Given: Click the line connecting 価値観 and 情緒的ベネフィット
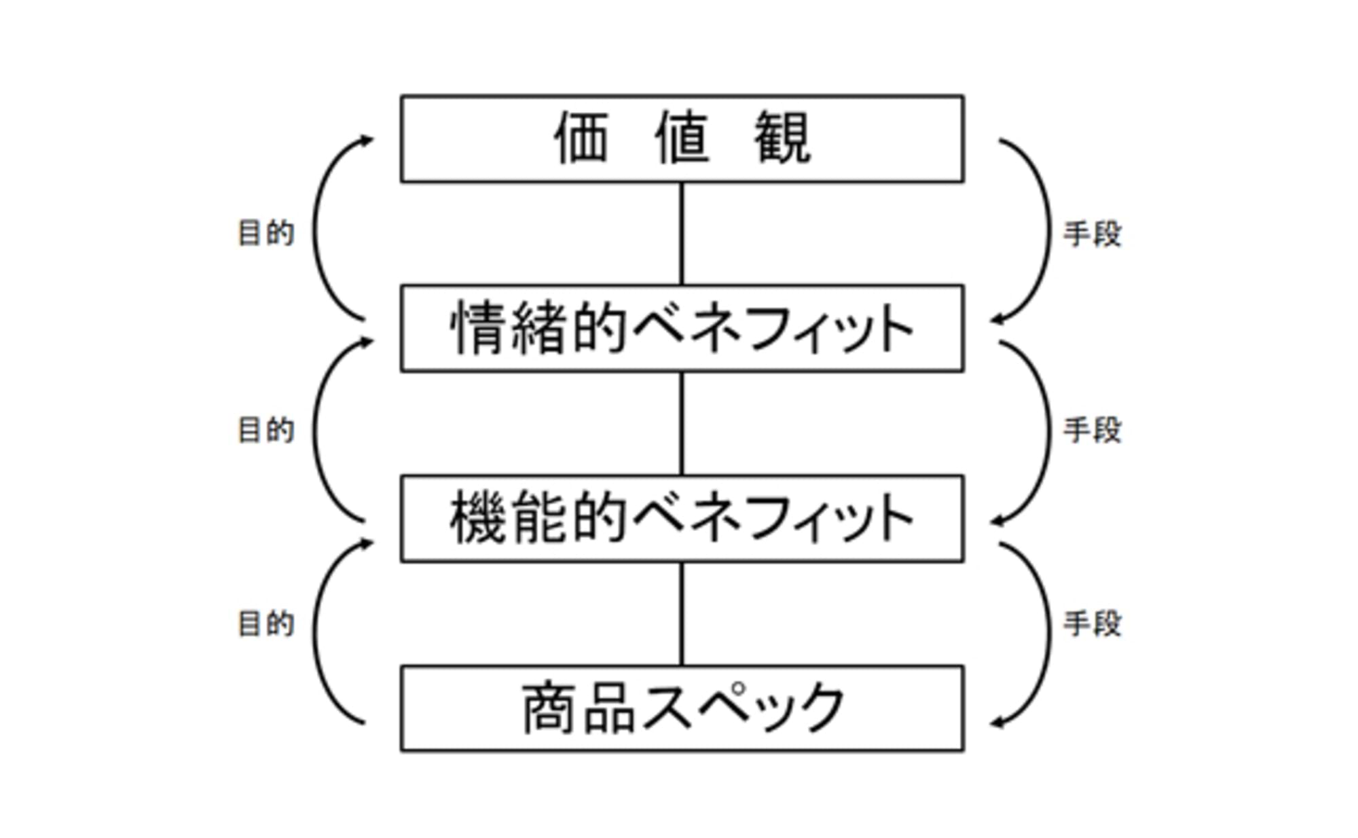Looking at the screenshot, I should [682, 234].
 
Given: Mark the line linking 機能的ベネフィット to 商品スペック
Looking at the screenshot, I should [682, 614].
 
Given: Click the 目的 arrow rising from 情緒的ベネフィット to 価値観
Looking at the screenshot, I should [315, 230].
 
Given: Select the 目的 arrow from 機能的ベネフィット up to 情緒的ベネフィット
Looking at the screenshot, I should [315, 431].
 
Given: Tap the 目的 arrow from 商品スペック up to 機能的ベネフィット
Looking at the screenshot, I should [315, 632].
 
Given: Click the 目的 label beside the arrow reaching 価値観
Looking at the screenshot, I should [265, 234].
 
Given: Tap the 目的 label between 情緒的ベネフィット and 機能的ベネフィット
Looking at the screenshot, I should [265, 431].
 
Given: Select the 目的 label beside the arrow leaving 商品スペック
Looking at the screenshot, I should [265, 624].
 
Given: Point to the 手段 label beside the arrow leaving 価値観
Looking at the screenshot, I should [1092, 235].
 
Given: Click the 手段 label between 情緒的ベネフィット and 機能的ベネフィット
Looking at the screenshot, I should [1092, 431].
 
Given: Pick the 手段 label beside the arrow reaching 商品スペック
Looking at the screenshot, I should [1092, 624].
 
